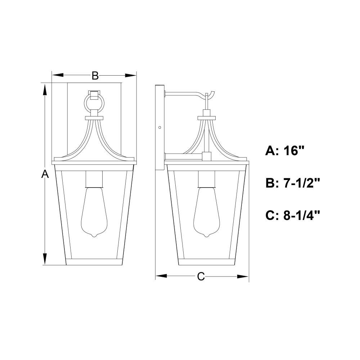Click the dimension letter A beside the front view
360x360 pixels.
(x=45, y=174)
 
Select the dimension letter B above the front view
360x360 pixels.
(x=95, y=76)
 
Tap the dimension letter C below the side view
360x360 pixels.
(x=201, y=276)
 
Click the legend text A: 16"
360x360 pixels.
(x=285, y=151)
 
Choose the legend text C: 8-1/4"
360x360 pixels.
(x=293, y=215)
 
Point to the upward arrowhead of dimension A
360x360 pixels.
(x=45, y=90)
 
